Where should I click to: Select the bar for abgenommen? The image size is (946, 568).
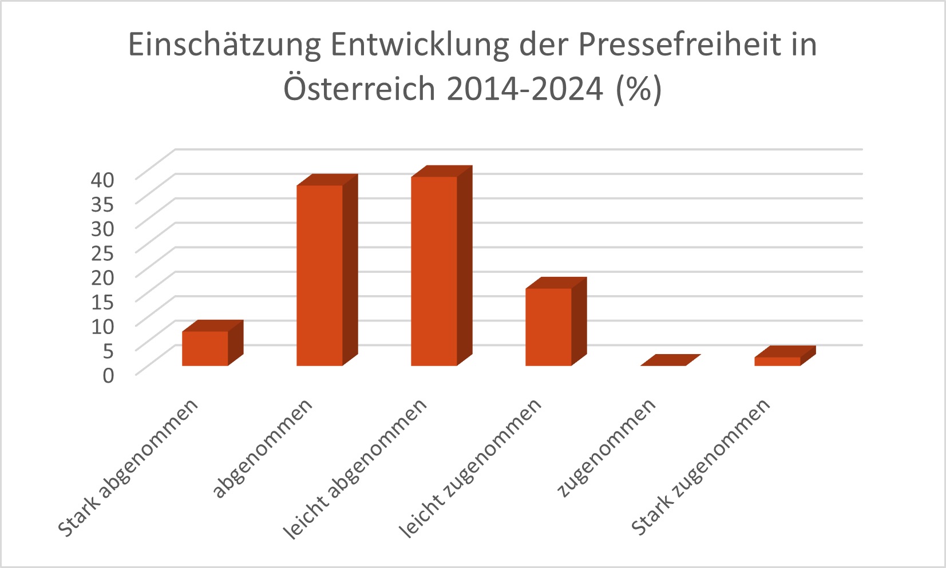(x=319, y=275)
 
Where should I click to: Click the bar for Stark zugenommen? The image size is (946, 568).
(x=777, y=360)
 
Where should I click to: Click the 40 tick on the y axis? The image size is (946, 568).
(x=103, y=180)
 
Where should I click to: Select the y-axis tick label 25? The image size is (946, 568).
(x=103, y=252)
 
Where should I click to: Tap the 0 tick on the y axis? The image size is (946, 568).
(x=109, y=375)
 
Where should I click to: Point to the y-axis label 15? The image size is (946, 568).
(x=103, y=301)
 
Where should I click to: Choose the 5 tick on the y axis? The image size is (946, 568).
(x=109, y=350)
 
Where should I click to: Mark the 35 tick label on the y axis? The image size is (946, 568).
(x=103, y=204)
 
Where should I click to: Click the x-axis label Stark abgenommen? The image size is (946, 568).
(x=129, y=467)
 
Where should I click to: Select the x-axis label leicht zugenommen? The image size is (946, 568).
(x=471, y=467)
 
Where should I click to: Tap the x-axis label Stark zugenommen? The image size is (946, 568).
(x=701, y=467)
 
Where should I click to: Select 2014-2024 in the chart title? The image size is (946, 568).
(x=524, y=89)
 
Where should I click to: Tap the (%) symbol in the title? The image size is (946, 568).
(x=639, y=89)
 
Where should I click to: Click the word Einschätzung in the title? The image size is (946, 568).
(x=224, y=45)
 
